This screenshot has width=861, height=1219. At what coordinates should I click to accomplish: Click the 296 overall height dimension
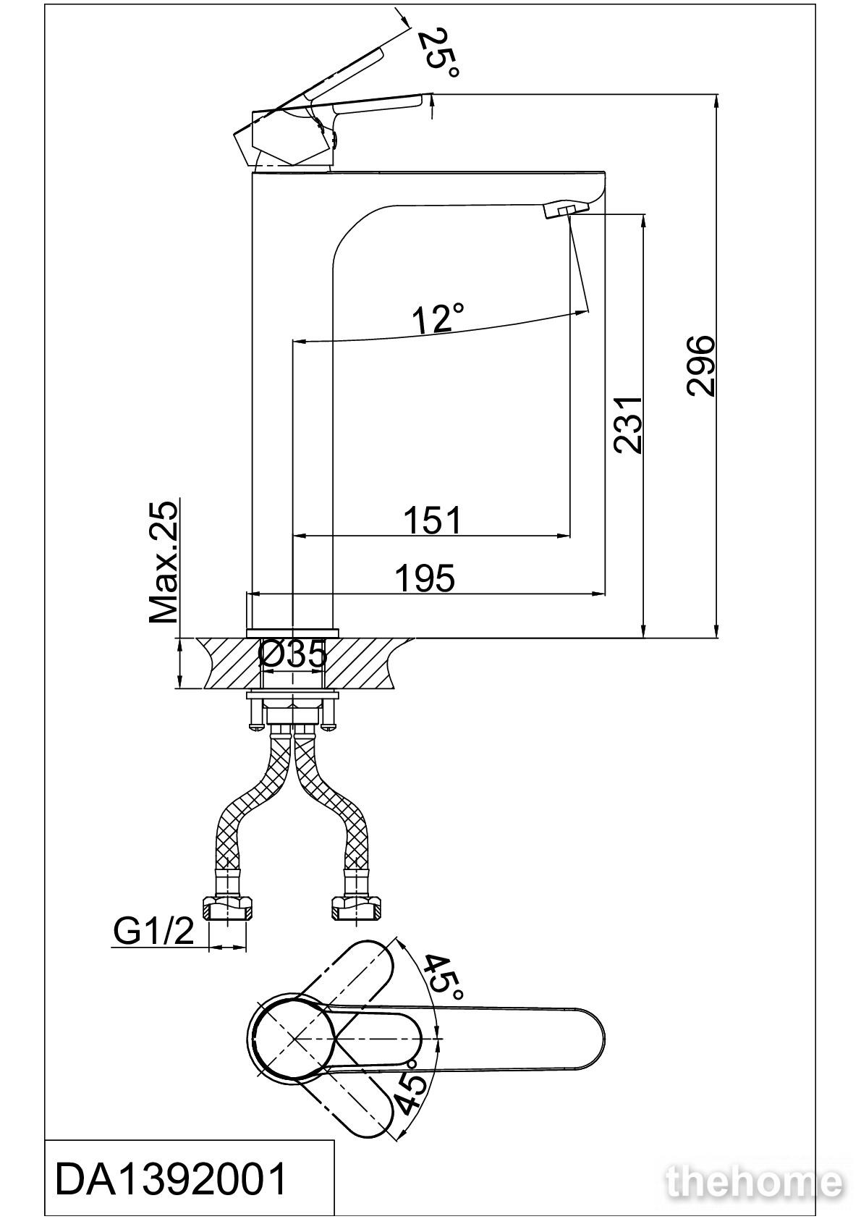point(700,366)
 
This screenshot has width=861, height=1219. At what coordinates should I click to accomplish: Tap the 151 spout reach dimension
point(432,520)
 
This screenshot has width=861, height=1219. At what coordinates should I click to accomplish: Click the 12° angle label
point(438,317)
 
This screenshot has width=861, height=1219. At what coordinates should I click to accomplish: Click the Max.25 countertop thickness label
point(164,562)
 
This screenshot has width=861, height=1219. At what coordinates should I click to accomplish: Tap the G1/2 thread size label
point(153,931)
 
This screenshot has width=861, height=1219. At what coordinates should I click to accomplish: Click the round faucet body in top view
point(293,1039)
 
